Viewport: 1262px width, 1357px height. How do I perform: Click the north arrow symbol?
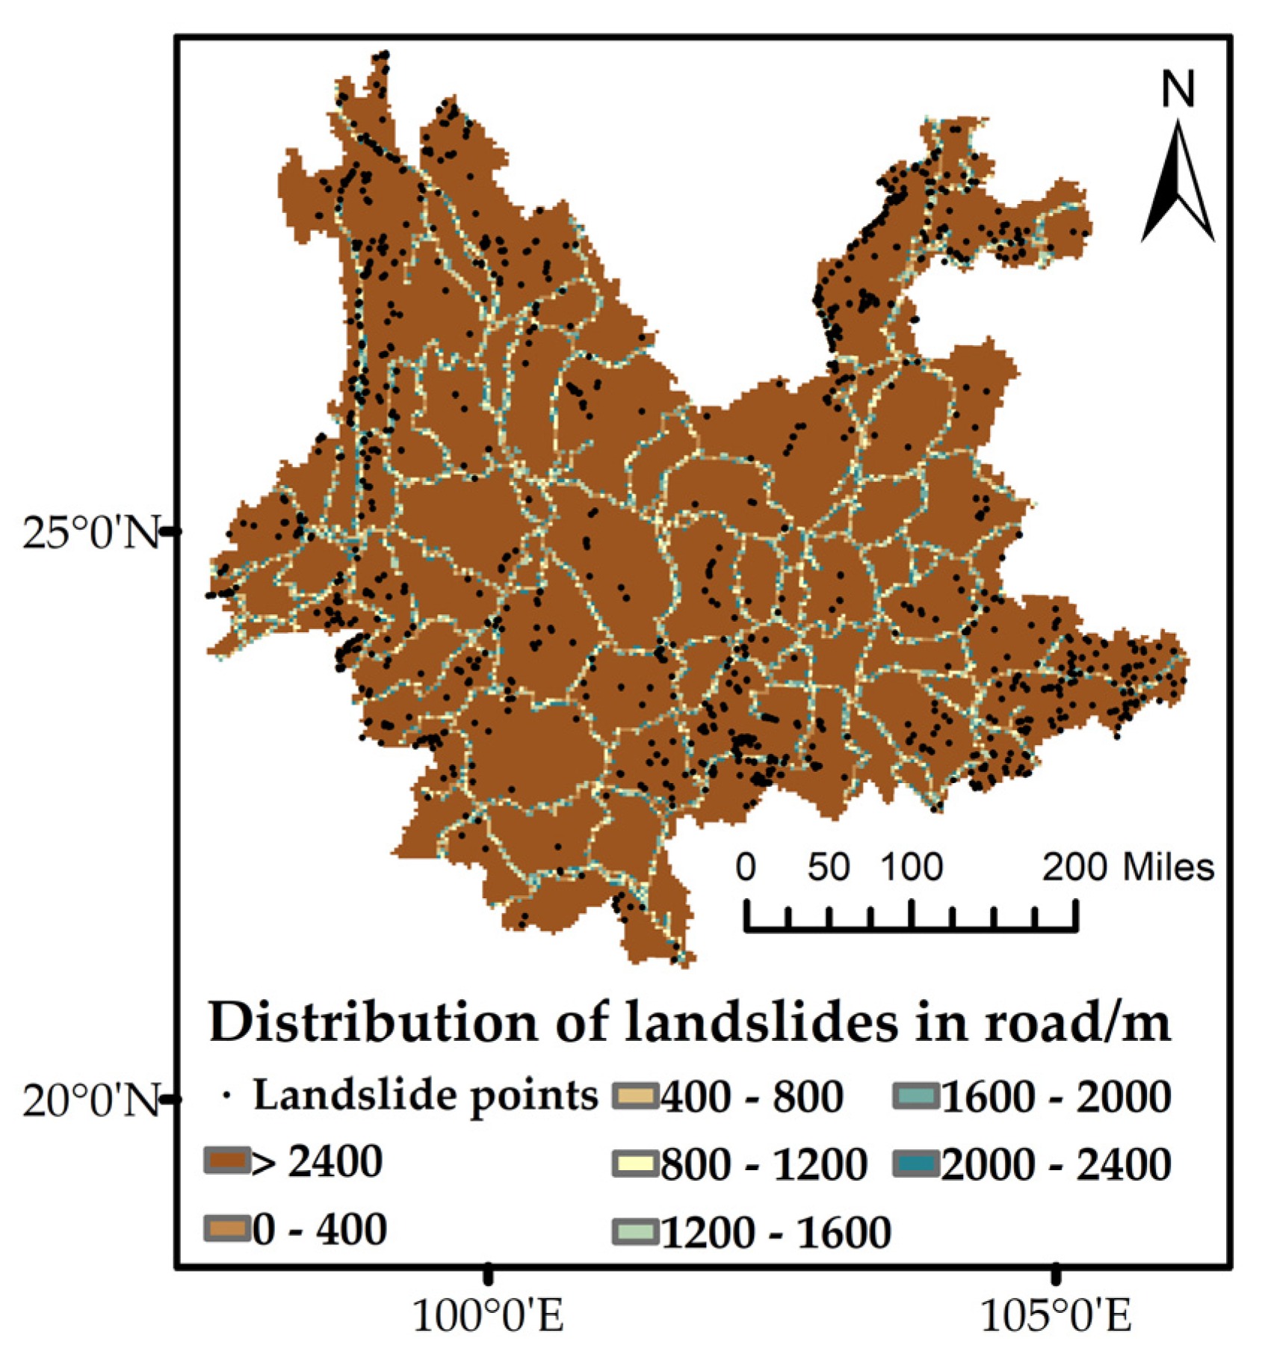(1178, 183)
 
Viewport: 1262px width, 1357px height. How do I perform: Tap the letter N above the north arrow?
(1178, 89)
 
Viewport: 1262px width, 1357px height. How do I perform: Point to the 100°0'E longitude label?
(488, 1316)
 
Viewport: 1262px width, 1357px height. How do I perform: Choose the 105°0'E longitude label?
(1055, 1316)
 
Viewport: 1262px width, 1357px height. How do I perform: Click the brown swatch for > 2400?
(226, 1161)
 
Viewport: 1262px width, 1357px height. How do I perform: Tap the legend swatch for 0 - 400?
(226, 1229)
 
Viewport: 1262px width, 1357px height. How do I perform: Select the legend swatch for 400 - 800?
(635, 1096)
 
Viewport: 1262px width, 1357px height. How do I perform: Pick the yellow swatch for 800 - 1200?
(635, 1164)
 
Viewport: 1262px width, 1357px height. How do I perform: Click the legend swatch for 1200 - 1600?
(635, 1231)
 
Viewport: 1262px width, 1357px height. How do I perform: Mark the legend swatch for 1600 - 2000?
(915, 1096)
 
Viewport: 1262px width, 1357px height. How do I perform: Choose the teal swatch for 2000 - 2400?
(915, 1164)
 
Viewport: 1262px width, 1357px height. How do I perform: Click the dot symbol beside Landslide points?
(226, 1097)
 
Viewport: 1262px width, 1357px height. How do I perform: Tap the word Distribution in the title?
(372, 1022)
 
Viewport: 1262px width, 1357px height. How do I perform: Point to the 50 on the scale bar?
(828, 868)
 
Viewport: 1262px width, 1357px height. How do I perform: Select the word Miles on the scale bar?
(1169, 868)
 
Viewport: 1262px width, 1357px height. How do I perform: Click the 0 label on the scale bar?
(746, 868)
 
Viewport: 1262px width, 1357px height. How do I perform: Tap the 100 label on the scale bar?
(911, 868)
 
